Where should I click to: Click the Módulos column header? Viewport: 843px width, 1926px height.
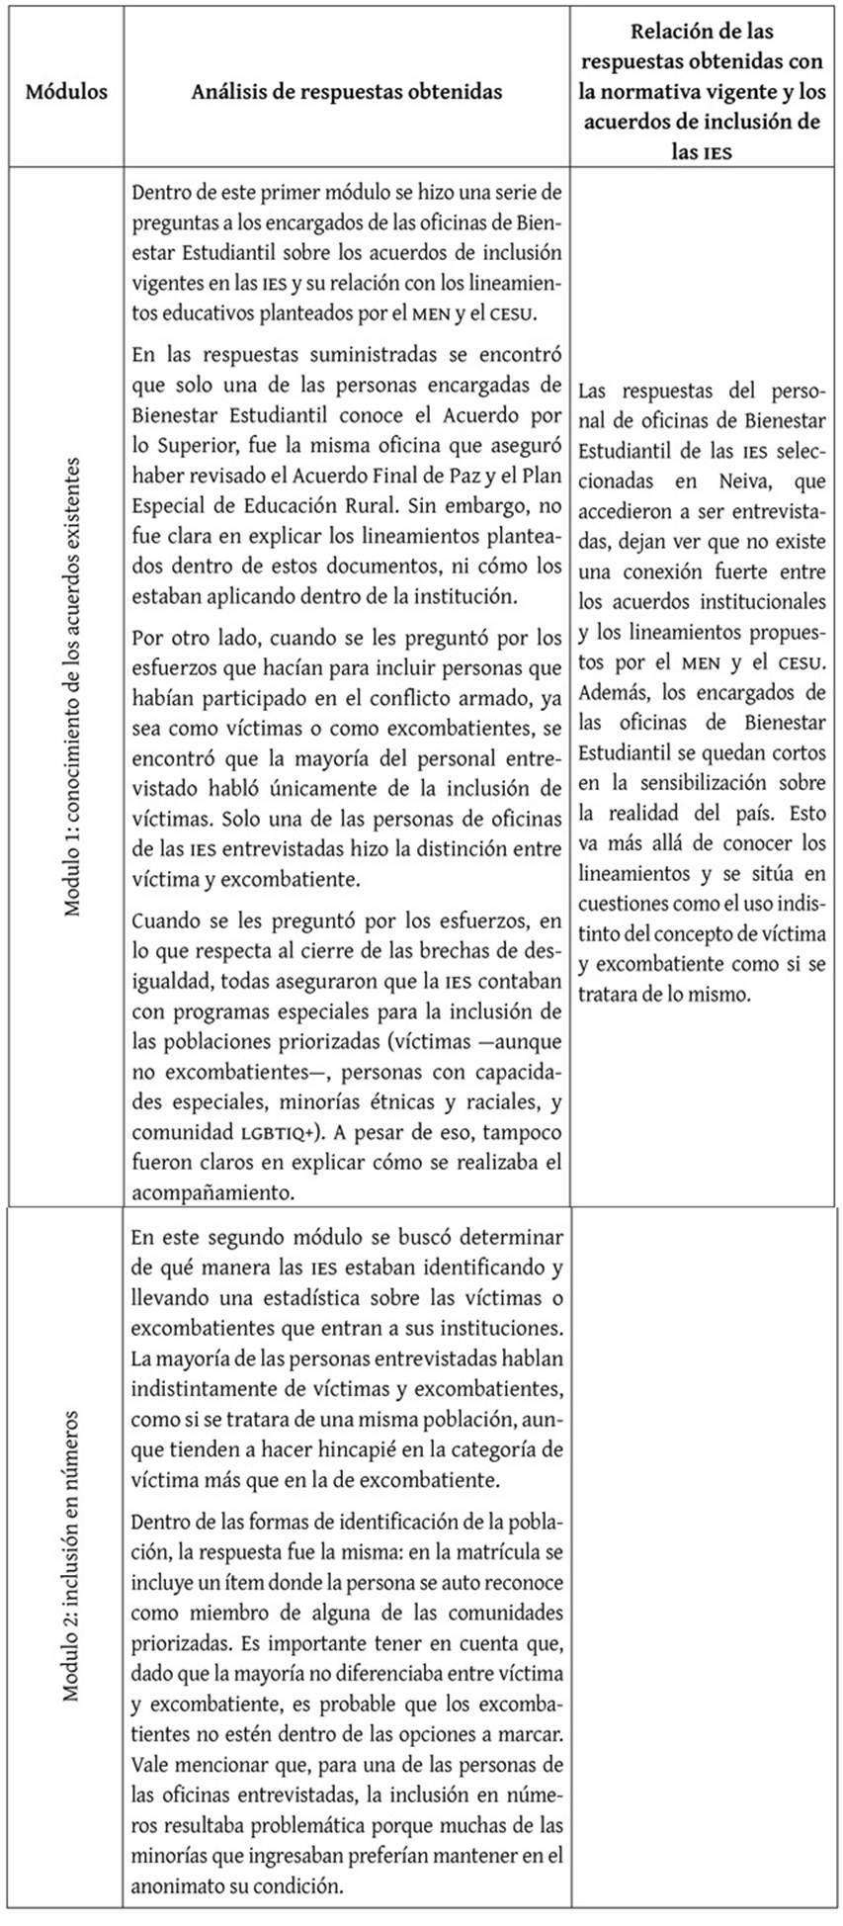(66, 92)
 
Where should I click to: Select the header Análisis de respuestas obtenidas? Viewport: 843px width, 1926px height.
(346, 92)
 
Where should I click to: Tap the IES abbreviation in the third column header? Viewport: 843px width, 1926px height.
(713, 154)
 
